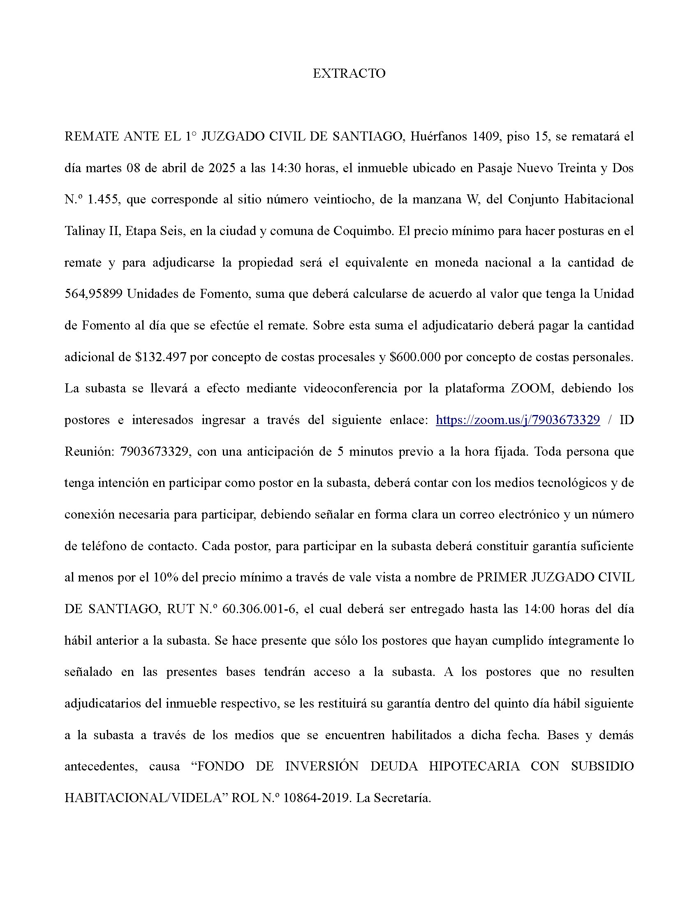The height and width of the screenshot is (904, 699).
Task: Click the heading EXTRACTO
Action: click(x=349, y=73)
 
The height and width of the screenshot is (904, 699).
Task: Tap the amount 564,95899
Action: click(x=94, y=294)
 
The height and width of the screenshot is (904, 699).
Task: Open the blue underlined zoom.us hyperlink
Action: click(x=518, y=420)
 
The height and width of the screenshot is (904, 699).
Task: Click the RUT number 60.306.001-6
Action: click(x=260, y=609)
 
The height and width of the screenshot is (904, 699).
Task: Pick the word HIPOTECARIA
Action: click(x=474, y=767)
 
